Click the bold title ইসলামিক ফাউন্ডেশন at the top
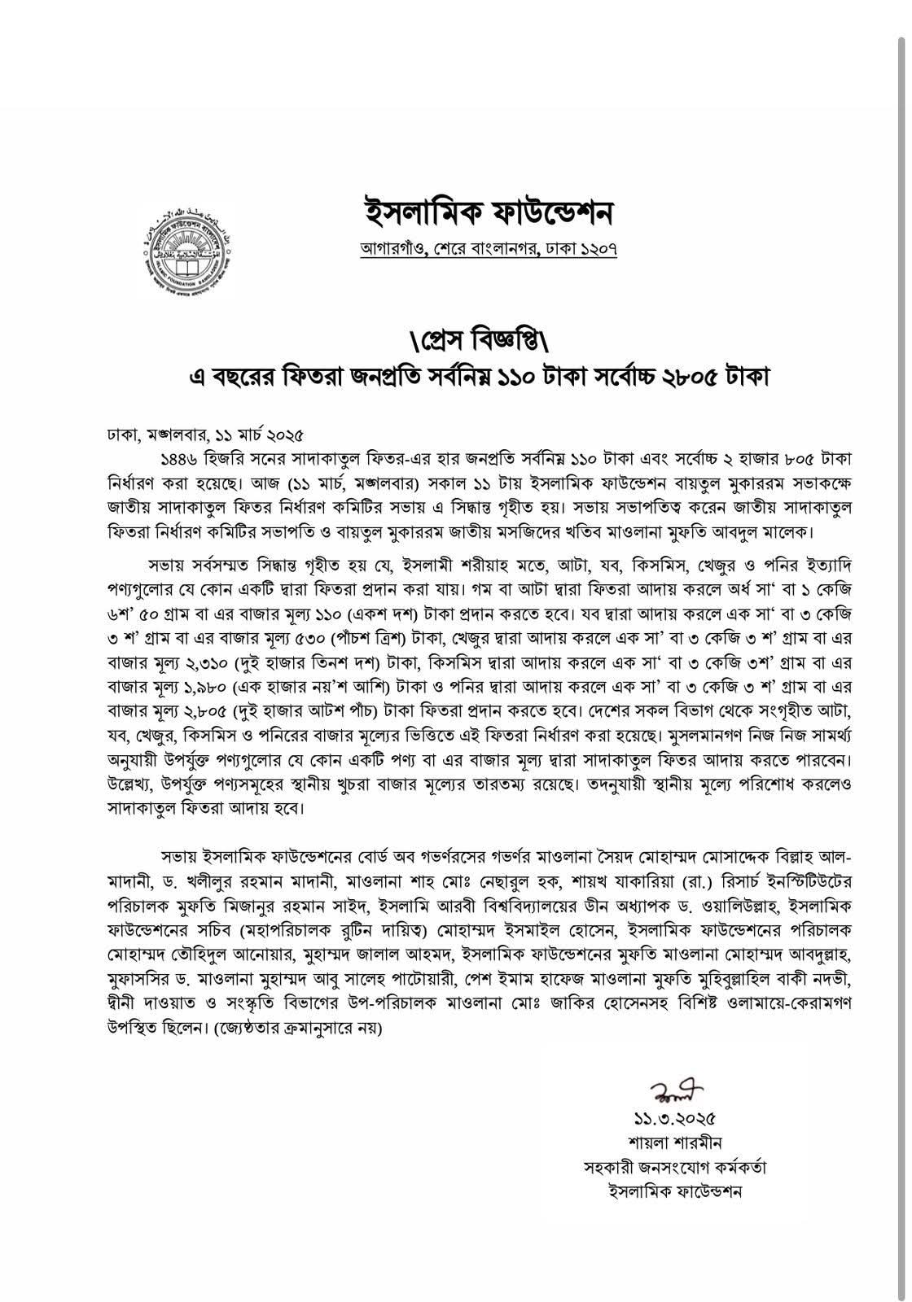488,212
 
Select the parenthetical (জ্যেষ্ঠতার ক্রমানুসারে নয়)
298,1028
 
